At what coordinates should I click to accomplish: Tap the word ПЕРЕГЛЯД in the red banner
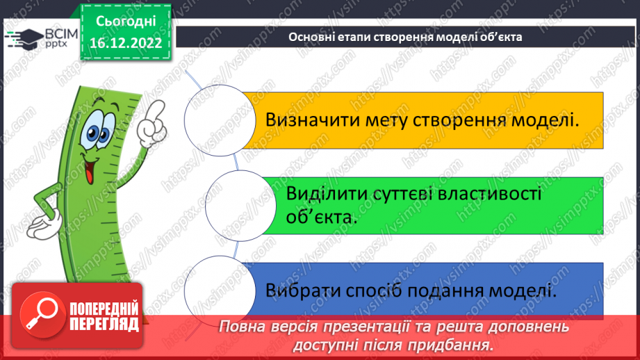[104, 324]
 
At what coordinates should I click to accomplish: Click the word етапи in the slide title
[347, 37]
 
